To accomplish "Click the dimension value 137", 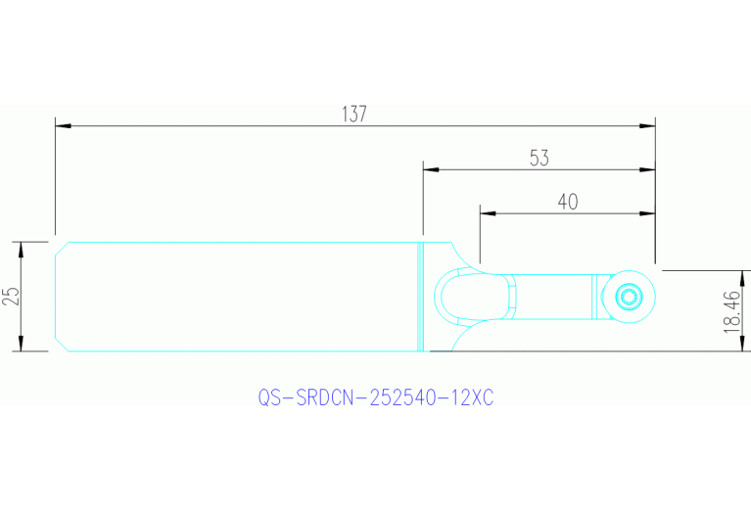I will pos(354,114).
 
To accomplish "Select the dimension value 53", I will pos(539,157).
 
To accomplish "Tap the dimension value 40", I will pos(567,202).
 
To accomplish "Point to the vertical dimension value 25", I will pos(11,296).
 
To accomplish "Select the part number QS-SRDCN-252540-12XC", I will pos(376,398).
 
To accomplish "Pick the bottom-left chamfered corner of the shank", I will pos(60,346).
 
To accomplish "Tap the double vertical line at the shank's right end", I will pos(421,296).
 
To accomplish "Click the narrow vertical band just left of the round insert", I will pos(593,296).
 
